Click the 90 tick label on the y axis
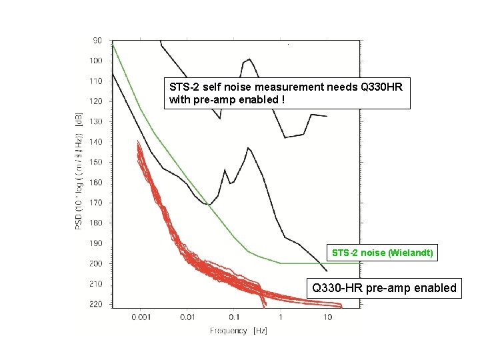97,41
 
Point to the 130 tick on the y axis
97,121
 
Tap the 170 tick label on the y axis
97,203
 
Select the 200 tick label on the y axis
97,263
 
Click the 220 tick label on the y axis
97,304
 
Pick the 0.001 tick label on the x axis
140,317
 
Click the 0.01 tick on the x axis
187,317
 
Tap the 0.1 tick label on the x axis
233,317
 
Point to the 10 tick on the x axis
327,317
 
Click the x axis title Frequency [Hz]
238,331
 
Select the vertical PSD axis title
78,171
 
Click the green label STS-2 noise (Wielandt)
383,253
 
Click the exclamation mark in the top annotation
285,101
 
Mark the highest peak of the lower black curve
248,147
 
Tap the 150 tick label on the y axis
97,162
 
